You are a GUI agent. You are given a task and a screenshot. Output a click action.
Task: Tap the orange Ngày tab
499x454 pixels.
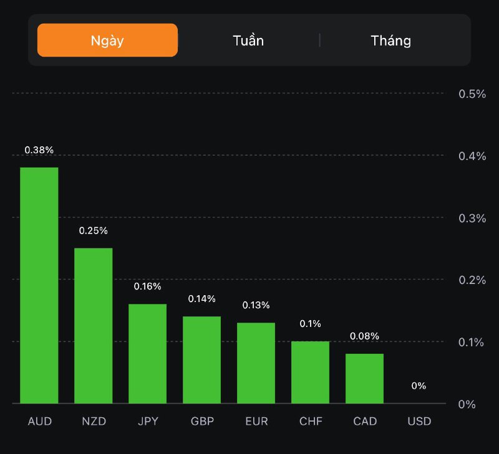107,40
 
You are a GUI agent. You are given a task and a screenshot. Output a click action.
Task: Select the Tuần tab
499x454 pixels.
248,41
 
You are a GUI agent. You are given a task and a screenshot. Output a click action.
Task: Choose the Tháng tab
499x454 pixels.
391,41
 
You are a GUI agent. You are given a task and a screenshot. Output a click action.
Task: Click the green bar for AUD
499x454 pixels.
39,285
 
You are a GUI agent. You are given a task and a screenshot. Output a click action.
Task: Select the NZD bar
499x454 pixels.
94,326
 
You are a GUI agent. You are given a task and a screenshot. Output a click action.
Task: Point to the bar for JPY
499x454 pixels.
148,354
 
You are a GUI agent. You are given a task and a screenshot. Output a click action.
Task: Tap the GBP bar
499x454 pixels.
202,360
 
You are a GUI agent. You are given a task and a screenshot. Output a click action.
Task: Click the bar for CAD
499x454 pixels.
365,379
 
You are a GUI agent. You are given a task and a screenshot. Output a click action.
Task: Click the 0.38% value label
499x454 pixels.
39,150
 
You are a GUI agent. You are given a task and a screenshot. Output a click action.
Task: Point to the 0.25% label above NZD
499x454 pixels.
94,230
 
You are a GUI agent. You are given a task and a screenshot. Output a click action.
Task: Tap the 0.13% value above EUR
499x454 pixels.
256,305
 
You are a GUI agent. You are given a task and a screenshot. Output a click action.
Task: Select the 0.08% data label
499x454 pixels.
365,336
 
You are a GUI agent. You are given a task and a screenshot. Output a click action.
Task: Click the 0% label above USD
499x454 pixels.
419,386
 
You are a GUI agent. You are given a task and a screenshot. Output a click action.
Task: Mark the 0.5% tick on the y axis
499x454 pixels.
472,93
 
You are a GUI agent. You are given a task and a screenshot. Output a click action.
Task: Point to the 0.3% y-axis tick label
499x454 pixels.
472,218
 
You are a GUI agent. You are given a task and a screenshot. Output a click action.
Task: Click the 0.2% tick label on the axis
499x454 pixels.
472,280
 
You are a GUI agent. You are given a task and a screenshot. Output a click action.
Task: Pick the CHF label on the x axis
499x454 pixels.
311,422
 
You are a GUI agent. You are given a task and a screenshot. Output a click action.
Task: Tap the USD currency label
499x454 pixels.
419,422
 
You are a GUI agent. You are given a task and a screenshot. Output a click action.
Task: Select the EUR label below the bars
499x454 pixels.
256,422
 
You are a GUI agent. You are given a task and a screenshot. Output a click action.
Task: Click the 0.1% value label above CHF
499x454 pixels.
311,324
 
